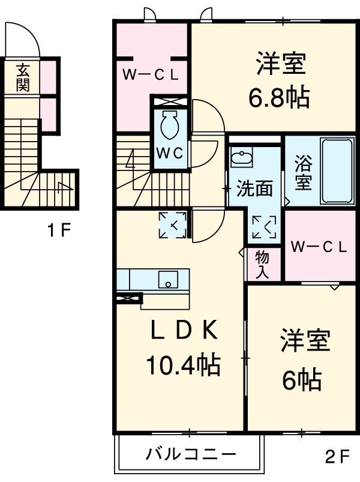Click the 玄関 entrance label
coord(23,77)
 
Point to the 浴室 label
coord(302,173)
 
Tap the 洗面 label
coord(253,189)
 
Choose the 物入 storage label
coord(262,264)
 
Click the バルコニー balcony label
coord(190,454)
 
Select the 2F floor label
coord(337,457)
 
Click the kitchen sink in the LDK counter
coord(169,280)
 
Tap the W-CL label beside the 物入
coord(318,247)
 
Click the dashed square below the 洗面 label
coord(265,227)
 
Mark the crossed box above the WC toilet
coord(169,101)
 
